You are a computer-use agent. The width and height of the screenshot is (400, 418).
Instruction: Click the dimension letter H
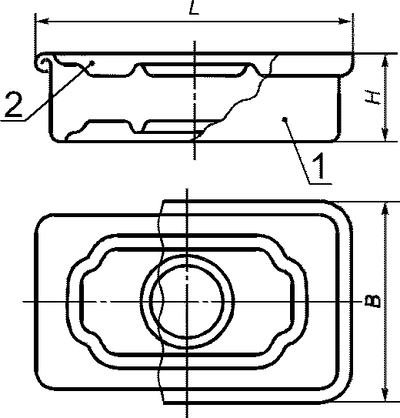(x=372, y=98)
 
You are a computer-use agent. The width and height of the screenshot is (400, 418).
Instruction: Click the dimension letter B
(x=373, y=301)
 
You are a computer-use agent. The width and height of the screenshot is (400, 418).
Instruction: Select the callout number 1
(x=319, y=166)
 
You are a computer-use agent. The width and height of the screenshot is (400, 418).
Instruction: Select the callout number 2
(x=13, y=105)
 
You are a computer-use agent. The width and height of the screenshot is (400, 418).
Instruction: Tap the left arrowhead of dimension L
(x=42, y=22)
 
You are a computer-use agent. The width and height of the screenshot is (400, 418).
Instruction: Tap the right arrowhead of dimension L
(x=345, y=22)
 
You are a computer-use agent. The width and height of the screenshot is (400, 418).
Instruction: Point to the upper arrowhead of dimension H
(x=385, y=61)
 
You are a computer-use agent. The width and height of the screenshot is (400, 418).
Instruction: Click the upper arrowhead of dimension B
(x=385, y=209)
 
